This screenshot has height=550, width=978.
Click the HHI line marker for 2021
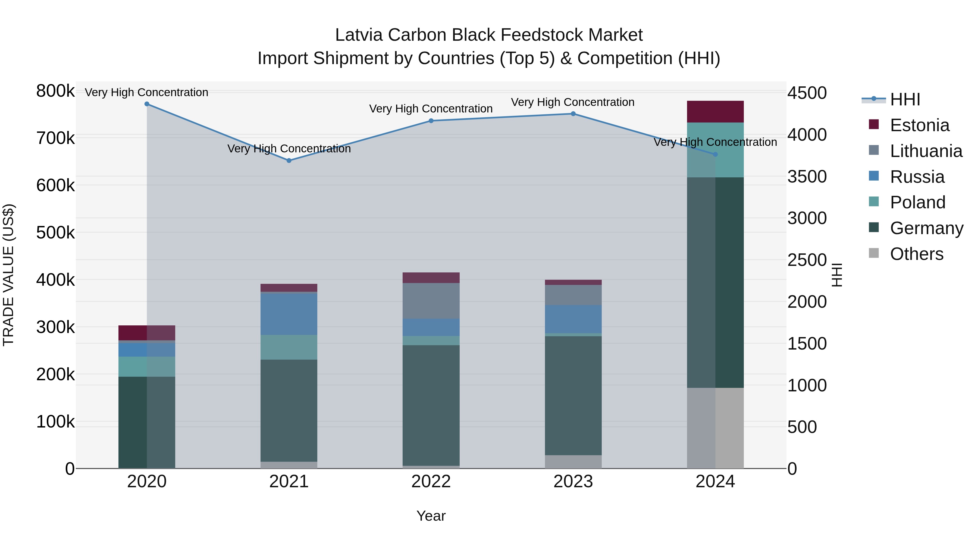point(289,161)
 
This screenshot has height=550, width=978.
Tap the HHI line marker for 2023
point(573,114)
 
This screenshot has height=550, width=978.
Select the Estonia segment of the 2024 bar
point(715,112)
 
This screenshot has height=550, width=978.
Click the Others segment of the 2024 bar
point(715,428)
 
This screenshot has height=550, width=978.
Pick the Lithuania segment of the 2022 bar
point(431,301)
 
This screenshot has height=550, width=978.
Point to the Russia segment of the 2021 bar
point(289,314)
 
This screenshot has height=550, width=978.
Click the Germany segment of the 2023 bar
point(573,395)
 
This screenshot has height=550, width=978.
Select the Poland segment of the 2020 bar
point(147,367)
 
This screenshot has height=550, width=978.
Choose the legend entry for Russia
point(917,177)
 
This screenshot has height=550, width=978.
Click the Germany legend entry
point(926,228)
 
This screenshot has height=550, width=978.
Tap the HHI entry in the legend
point(905,99)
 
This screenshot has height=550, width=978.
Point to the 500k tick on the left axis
point(55,233)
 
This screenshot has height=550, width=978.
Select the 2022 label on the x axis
point(431,482)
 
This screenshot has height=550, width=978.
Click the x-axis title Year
point(431,516)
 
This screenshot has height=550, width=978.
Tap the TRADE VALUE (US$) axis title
point(9,275)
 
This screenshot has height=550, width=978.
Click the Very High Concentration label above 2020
point(146,92)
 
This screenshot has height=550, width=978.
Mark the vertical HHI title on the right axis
point(837,275)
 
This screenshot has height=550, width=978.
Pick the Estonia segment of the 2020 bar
point(147,333)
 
